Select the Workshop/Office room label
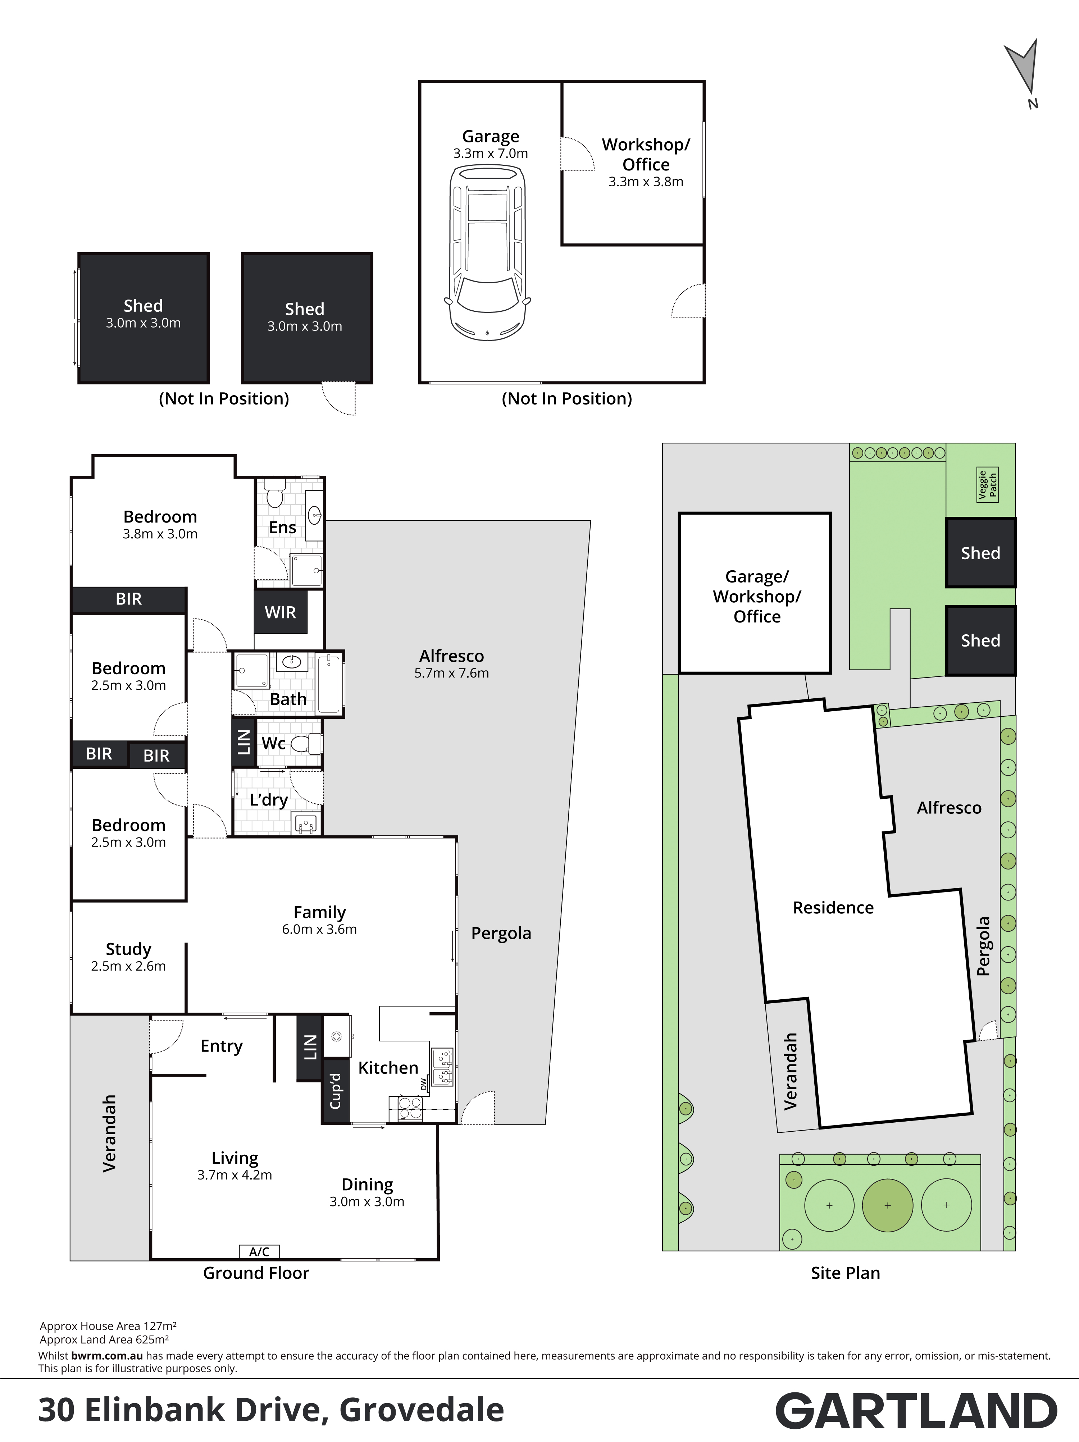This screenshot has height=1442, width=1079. [646, 155]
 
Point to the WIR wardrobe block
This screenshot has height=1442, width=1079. [280, 611]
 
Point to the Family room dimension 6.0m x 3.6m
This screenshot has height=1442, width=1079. [319, 930]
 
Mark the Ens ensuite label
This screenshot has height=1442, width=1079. [282, 528]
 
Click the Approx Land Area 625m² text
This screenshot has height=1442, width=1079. [104, 1340]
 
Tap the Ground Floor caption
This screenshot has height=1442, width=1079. [256, 1273]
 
